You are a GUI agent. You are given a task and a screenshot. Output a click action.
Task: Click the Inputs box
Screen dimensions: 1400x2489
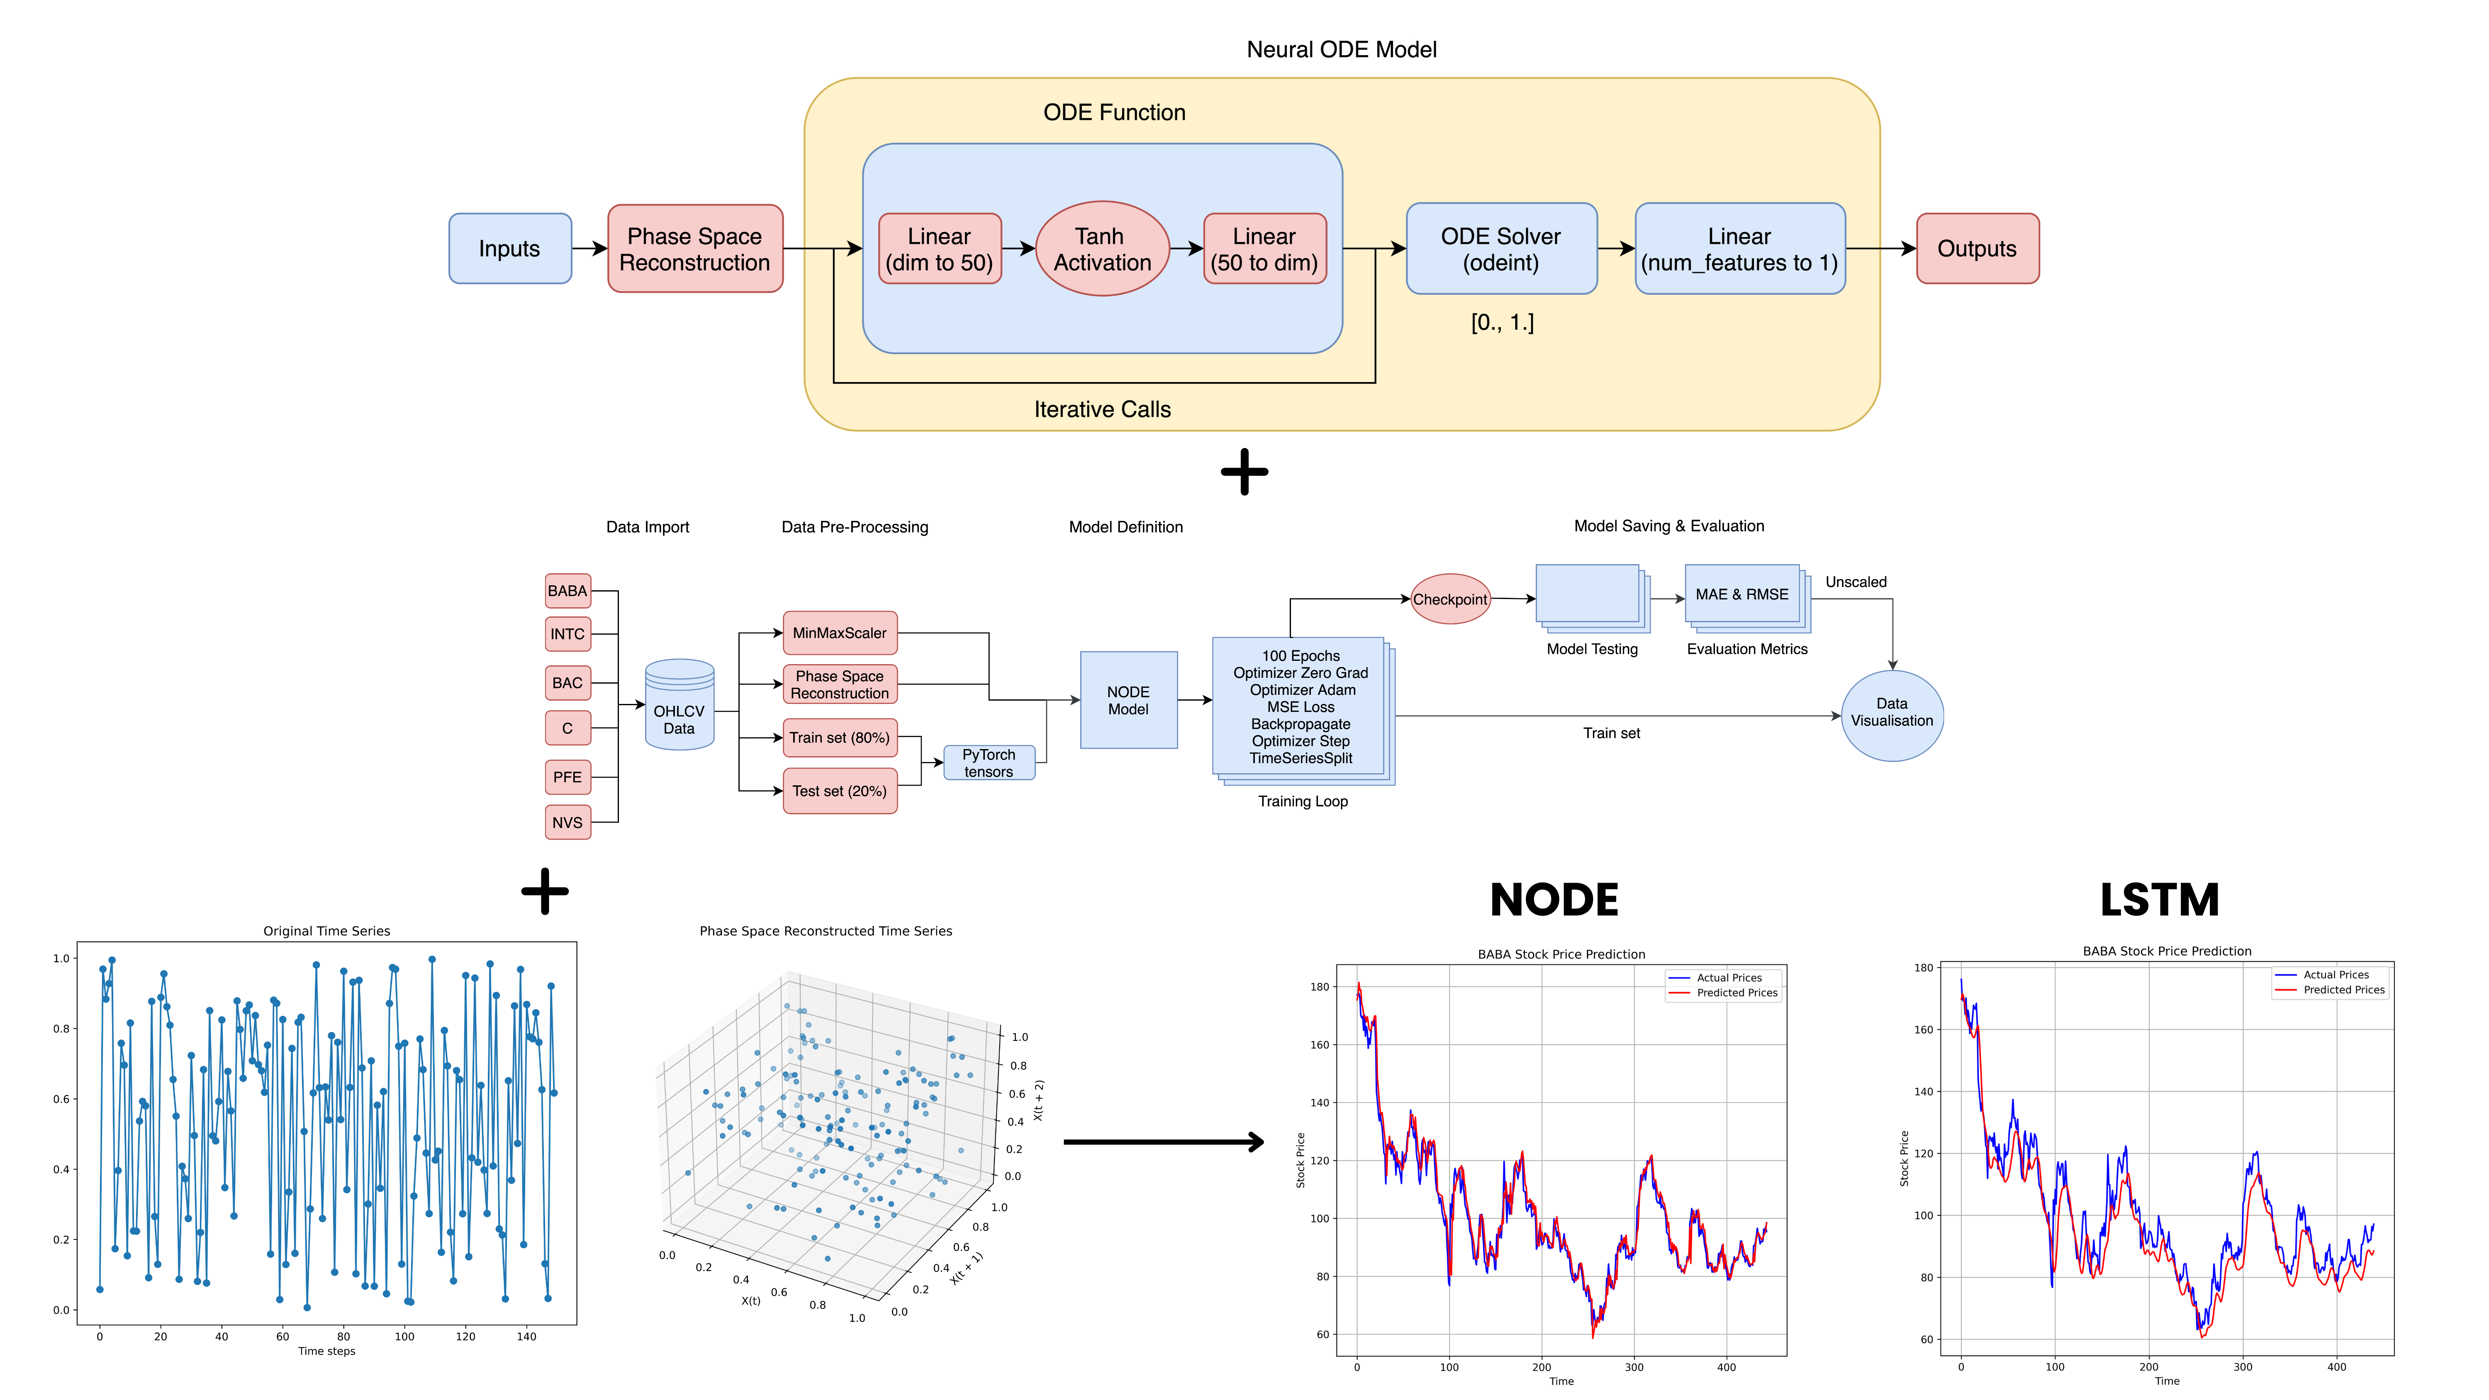(509, 248)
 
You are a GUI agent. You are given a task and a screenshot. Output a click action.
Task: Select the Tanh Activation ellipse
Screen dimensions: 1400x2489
(1101, 249)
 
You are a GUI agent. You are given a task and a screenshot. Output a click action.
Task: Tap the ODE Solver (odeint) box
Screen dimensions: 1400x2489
(1500, 249)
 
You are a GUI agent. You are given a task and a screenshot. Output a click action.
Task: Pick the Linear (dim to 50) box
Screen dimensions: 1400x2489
(939, 249)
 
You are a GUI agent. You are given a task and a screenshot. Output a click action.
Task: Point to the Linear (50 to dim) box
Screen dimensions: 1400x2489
(1264, 249)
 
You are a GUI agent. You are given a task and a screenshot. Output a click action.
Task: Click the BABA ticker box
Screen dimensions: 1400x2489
(567, 590)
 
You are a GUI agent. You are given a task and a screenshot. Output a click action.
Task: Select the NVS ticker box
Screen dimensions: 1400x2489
(567, 822)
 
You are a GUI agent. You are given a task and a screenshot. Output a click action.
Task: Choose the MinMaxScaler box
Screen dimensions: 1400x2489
(839, 633)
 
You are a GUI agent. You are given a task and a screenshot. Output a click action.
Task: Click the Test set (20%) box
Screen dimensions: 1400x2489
(839, 790)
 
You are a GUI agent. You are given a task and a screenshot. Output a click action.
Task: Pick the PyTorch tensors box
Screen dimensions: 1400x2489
(989, 762)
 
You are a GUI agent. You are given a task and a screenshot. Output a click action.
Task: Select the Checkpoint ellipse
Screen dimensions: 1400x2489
(1449, 599)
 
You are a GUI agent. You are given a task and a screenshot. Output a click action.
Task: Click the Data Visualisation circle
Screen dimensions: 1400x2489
(1891, 715)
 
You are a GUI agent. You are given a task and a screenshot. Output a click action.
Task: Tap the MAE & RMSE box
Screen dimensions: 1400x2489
(1741, 594)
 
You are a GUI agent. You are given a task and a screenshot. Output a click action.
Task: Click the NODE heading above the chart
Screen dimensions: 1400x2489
(1554, 901)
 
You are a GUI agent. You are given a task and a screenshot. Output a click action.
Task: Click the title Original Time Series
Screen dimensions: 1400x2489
(326, 930)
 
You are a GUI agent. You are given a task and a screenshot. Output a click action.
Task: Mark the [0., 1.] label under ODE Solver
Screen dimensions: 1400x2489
(1502, 323)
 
